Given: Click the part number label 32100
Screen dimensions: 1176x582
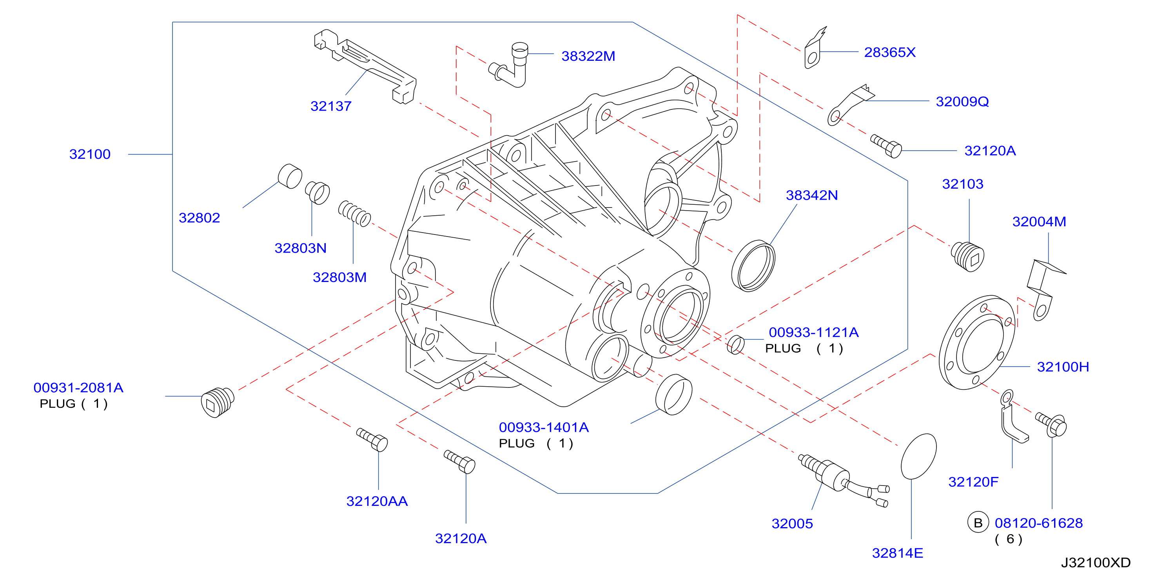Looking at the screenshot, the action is pyautogui.click(x=90, y=155).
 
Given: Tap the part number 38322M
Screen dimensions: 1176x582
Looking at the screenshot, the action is pyautogui.click(x=588, y=56).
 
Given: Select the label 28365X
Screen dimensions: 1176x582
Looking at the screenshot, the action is pyautogui.click(x=890, y=53).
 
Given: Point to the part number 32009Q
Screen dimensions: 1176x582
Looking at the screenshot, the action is pyautogui.click(x=962, y=102).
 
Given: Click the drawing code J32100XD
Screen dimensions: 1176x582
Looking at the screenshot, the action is pyautogui.click(x=1096, y=562).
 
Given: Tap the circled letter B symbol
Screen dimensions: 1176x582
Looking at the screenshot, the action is pyautogui.click(x=978, y=523).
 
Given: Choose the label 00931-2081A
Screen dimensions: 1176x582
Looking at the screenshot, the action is pyautogui.click(x=78, y=388).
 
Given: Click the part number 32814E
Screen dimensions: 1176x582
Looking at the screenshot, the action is pyautogui.click(x=898, y=553).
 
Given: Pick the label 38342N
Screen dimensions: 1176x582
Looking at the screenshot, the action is pyautogui.click(x=812, y=196).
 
